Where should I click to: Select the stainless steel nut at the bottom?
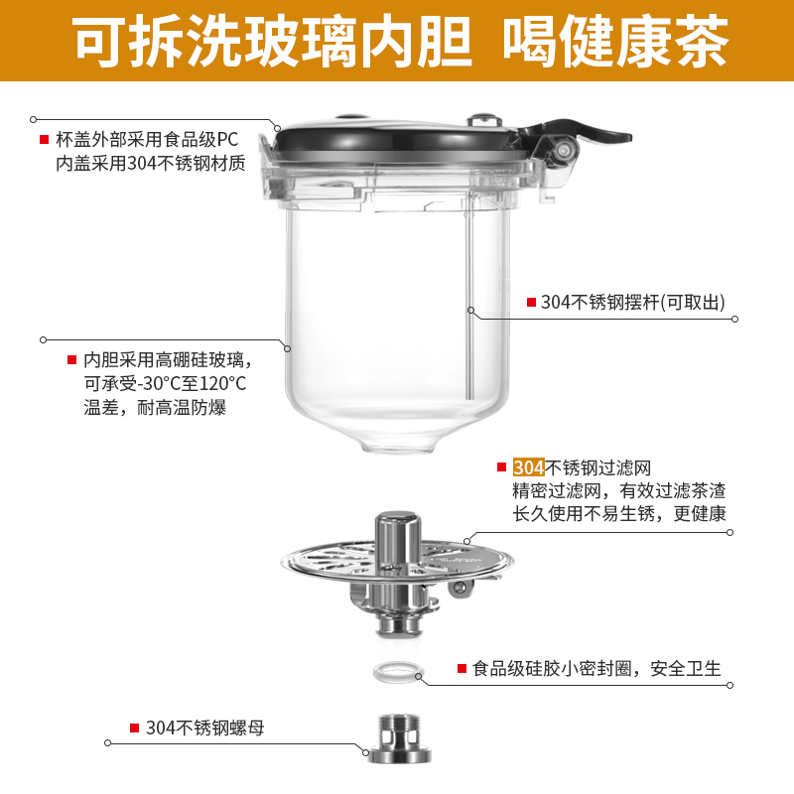[x=400, y=738]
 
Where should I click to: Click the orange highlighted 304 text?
[x=529, y=467]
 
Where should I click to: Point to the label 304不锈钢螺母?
[x=205, y=728]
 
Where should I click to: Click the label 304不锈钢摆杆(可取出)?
[x=633, y=303]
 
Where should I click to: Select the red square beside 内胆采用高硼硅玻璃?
[x=71, y=360]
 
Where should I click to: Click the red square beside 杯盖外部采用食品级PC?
[x=44, y=139]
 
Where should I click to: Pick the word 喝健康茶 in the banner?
[x=615, y=41]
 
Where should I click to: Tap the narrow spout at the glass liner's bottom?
[x=399, y=444]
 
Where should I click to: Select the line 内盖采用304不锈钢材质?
[x=151, y=163]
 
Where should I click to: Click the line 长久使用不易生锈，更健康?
[x=619, y=513]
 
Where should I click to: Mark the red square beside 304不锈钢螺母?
[x=134, y=728]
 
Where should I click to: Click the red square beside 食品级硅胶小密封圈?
[x=462, y=668]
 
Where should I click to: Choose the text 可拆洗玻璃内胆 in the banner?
[x=274, y=41]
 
